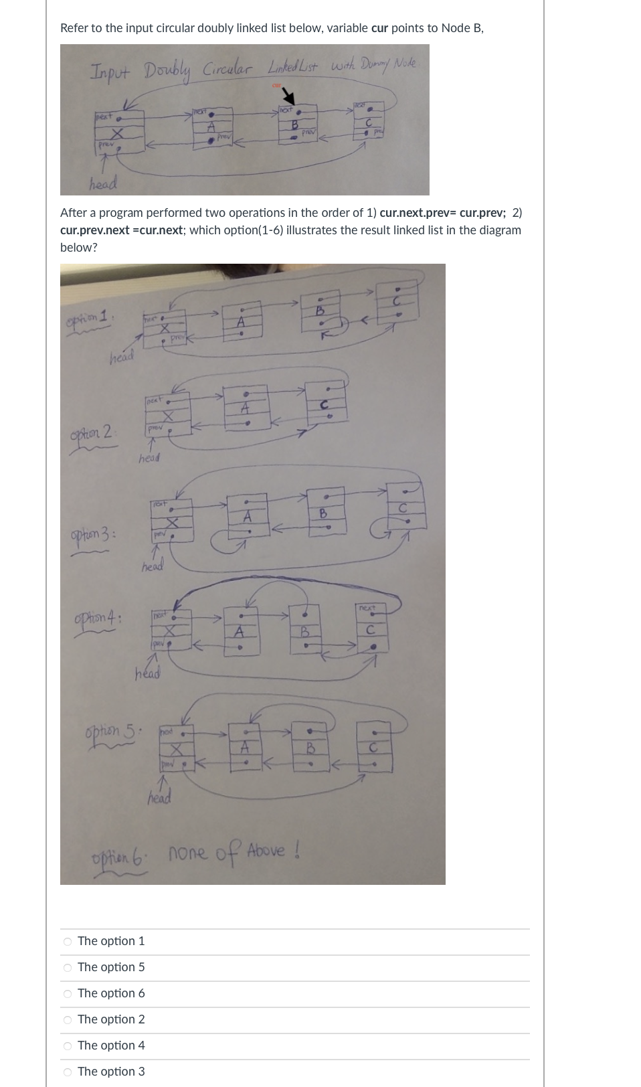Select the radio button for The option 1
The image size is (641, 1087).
point(68,942)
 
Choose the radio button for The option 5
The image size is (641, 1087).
point(68,968)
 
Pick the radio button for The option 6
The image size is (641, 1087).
point(68,994)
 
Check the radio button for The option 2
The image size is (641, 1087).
point(68,1020)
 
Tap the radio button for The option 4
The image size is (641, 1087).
point(68,1046)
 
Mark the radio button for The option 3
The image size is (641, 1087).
point(68,1072)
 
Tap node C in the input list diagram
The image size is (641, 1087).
point(368,123)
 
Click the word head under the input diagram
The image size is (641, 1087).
point(104,183)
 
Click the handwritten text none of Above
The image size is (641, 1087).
point(232,852)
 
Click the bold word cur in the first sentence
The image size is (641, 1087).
point(379,28)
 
